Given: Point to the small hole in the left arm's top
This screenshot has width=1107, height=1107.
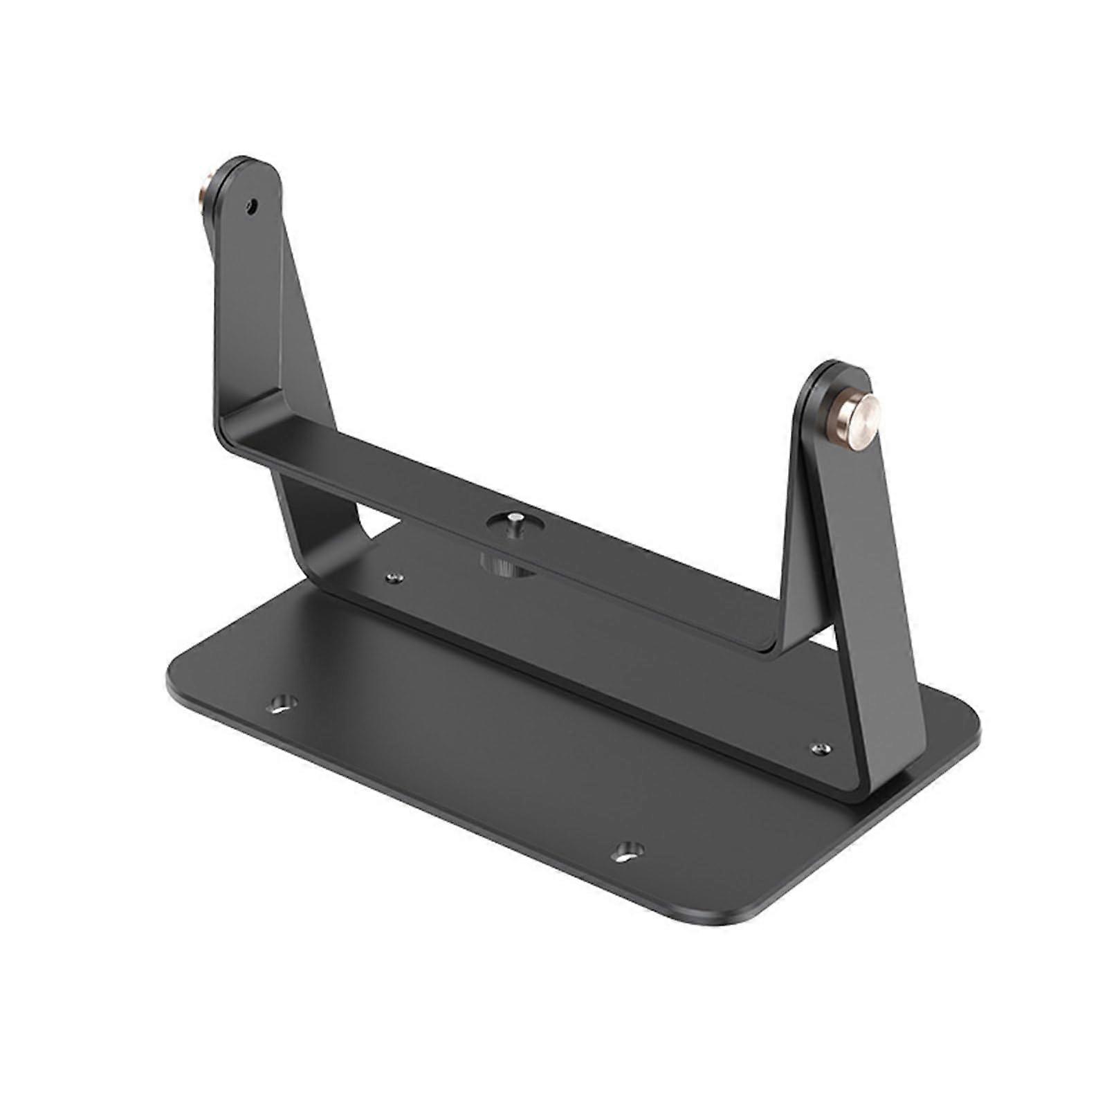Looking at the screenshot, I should (x=253, y=205).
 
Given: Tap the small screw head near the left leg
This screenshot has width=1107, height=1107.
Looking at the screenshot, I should (x=395, y=578).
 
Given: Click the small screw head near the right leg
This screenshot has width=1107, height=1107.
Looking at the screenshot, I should (x=820, y=749).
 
